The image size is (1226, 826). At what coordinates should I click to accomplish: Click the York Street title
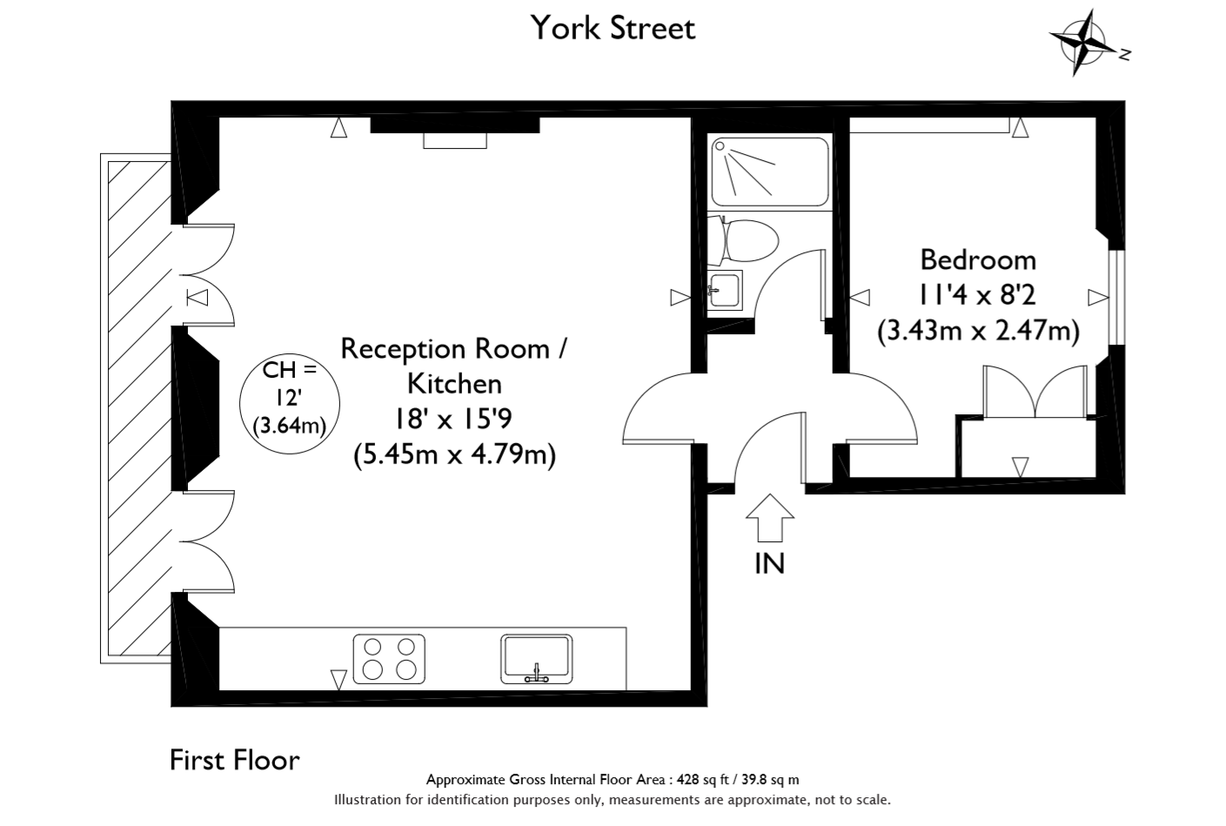613,28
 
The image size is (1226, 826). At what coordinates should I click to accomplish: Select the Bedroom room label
978,260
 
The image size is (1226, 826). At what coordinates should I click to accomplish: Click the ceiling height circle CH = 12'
290,403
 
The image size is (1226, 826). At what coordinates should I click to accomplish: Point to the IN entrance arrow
769,518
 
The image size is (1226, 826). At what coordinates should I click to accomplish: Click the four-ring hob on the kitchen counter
389,659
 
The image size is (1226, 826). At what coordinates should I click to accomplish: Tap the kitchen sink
536,659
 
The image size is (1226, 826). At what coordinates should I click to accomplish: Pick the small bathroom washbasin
725,290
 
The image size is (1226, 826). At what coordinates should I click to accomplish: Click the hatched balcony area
139,408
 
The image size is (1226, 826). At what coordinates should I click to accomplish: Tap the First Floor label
235,760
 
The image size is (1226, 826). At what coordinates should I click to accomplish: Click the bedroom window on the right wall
1116,297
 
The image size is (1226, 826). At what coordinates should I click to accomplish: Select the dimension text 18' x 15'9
453,420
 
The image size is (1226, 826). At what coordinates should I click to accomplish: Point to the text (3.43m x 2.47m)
978,331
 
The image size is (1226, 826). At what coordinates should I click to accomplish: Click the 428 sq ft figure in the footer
703,780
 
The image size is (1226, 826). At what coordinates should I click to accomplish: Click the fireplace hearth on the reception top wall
455,140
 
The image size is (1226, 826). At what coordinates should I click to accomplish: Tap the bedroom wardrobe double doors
1035,392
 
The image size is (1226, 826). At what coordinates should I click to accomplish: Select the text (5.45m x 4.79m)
454,454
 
